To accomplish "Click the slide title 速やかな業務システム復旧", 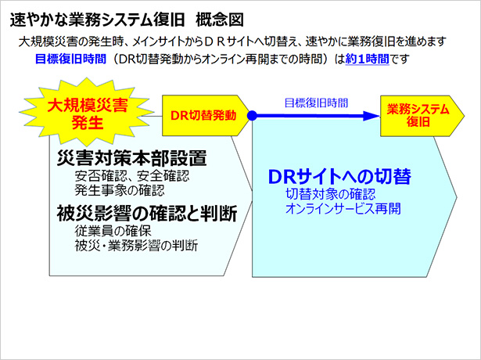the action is coord(97,20).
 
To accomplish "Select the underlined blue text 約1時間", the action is coord(367,59).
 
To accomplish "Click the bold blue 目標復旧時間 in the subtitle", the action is coord(70,59).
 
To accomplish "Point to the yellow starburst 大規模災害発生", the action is coord(87,113).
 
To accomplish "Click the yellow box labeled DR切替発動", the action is coord(206,115).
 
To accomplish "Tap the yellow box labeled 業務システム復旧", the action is coord(422,116).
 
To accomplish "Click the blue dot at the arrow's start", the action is coord(252,115).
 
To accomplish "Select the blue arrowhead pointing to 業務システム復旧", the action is coord(372,116).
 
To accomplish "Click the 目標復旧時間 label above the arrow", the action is coord(316,103).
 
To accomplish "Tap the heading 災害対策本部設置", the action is coord(132,158).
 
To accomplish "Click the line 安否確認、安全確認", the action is coord(132,175).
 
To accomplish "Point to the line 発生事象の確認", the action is coord(120,190).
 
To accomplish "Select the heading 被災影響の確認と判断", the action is coord(147,214).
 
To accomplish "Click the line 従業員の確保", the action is coord(113,231).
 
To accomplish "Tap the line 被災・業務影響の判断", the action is coord(137,245).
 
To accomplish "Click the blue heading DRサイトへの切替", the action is coord(339,176).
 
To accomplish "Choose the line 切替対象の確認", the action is coord(331,194).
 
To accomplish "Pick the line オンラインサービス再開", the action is coord(343,209).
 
